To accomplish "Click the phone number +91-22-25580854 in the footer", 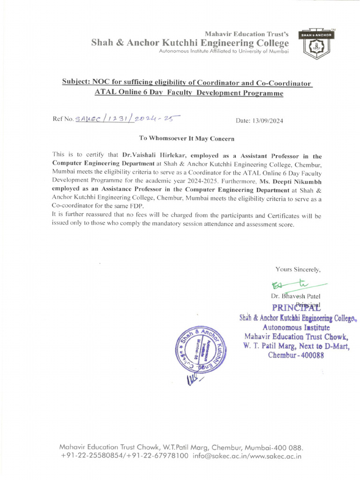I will (x=92, y=455).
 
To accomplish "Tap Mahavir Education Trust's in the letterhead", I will (x=247, y=34).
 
